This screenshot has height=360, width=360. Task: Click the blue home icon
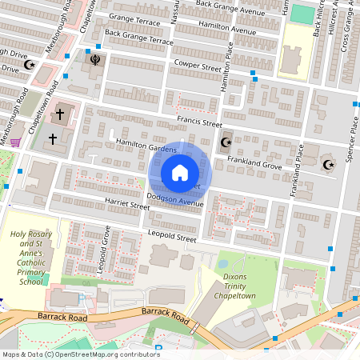pos(180,172)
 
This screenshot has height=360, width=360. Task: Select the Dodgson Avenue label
pos(175,198)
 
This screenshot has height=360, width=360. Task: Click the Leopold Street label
pos(172,238)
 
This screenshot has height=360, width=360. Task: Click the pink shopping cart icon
pos(14,142)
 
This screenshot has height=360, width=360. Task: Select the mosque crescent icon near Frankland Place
pos(326,165)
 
